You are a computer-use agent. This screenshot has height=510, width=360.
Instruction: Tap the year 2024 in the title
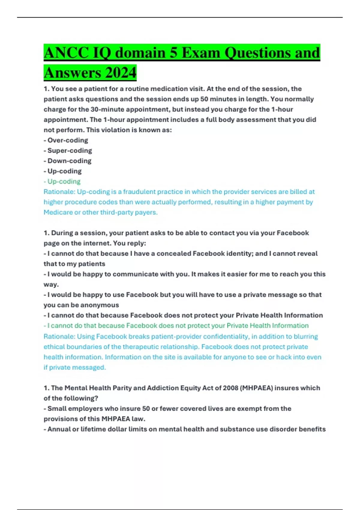coord(121,73)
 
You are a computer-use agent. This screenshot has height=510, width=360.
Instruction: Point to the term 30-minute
coord(104,109)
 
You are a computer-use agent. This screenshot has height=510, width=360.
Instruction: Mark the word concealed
coord(173,253)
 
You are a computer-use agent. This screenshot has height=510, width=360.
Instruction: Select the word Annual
coord(59,429)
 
